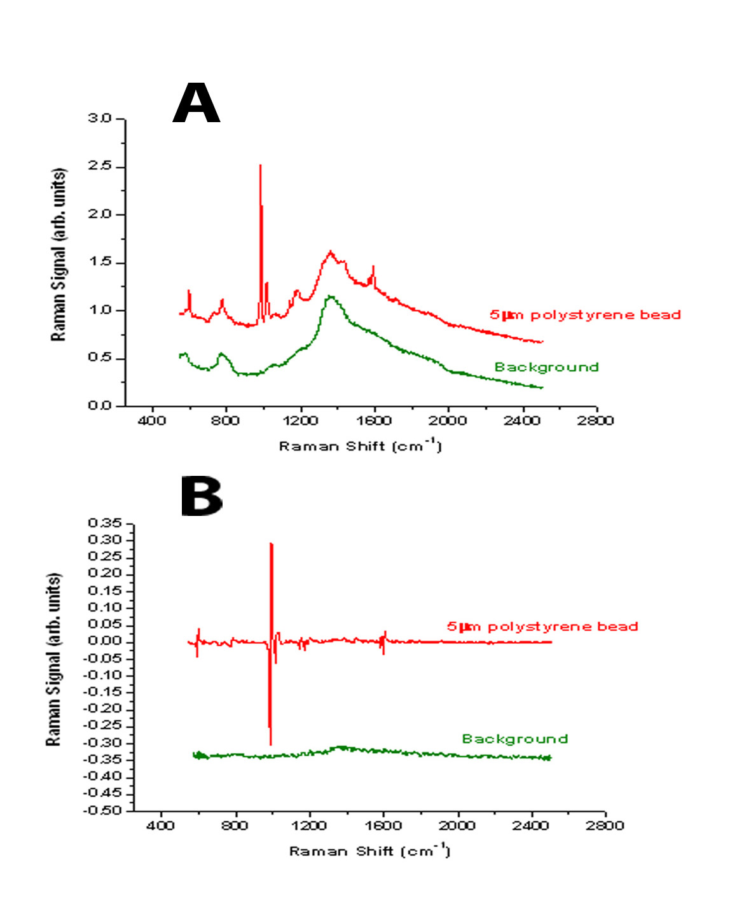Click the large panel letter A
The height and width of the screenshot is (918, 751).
196,104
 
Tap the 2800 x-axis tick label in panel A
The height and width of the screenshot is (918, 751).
595,421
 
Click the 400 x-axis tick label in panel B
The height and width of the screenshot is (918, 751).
161,825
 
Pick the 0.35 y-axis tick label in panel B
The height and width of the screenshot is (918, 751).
105,523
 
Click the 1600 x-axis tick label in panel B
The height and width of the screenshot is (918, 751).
383,825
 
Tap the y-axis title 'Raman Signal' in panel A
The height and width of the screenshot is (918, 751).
59,254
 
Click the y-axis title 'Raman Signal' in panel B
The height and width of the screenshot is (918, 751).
54,660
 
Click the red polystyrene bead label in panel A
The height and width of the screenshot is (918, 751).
585,314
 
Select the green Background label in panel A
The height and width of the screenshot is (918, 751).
546,367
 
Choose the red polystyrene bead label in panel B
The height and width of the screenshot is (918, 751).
542,627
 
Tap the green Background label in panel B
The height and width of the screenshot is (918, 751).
514,739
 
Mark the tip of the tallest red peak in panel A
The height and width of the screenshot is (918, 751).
260,165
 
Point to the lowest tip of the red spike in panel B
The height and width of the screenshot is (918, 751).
270,744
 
